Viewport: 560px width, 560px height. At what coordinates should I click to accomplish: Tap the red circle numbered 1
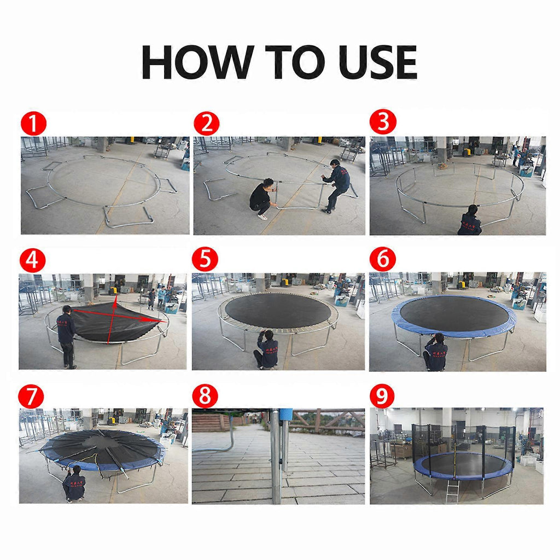coord(33,124)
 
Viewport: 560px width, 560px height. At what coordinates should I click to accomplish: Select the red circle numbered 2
coord(206,124)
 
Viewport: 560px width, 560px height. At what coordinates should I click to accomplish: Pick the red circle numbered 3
coord(383,122)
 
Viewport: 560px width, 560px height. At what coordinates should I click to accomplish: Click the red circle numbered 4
coord(32,260)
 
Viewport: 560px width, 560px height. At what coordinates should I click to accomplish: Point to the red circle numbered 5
coord(205,259)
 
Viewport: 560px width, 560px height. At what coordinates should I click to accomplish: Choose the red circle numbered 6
coord(382,259)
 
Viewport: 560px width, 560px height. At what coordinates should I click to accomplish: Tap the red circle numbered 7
coord(31,396)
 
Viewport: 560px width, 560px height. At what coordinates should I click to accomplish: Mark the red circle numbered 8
coord(205,396)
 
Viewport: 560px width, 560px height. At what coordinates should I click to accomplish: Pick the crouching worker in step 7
coord(74,484)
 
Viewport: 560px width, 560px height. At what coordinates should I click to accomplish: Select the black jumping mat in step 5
coord(278,310)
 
